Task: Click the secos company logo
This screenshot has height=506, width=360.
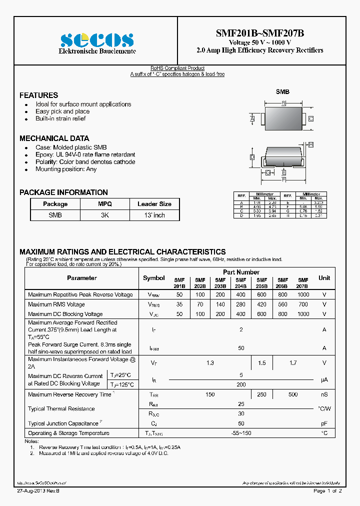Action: pos(97,39)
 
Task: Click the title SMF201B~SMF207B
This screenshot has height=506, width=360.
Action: pos(259,33)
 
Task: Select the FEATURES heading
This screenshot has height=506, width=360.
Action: pos(38,95)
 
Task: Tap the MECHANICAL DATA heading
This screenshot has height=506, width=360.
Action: pos(54,138)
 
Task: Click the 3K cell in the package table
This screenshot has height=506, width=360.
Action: pos(105,215)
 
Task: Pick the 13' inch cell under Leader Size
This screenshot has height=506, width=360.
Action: pos(154,215)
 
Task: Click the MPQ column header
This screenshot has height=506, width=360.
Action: pos(105,204)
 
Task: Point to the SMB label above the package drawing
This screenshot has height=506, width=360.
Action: pos(282,92)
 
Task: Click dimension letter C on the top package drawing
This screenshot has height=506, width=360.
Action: pos(310,118)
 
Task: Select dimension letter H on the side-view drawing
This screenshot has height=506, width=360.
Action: pos(310,144)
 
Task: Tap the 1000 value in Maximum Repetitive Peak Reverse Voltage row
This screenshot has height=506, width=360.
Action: pos(303,295)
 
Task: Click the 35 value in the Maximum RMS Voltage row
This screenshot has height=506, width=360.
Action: pos(179,304)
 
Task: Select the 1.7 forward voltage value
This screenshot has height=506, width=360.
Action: pos(293,363)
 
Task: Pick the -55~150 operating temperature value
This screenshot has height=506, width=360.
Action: pos(241,433)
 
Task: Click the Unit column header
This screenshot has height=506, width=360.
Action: pos(324,278)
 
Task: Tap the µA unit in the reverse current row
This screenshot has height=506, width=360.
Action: pos(324,380)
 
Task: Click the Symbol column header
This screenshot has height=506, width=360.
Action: pos(153,278)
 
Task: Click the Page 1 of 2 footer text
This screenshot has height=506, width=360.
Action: pos(327,491)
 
